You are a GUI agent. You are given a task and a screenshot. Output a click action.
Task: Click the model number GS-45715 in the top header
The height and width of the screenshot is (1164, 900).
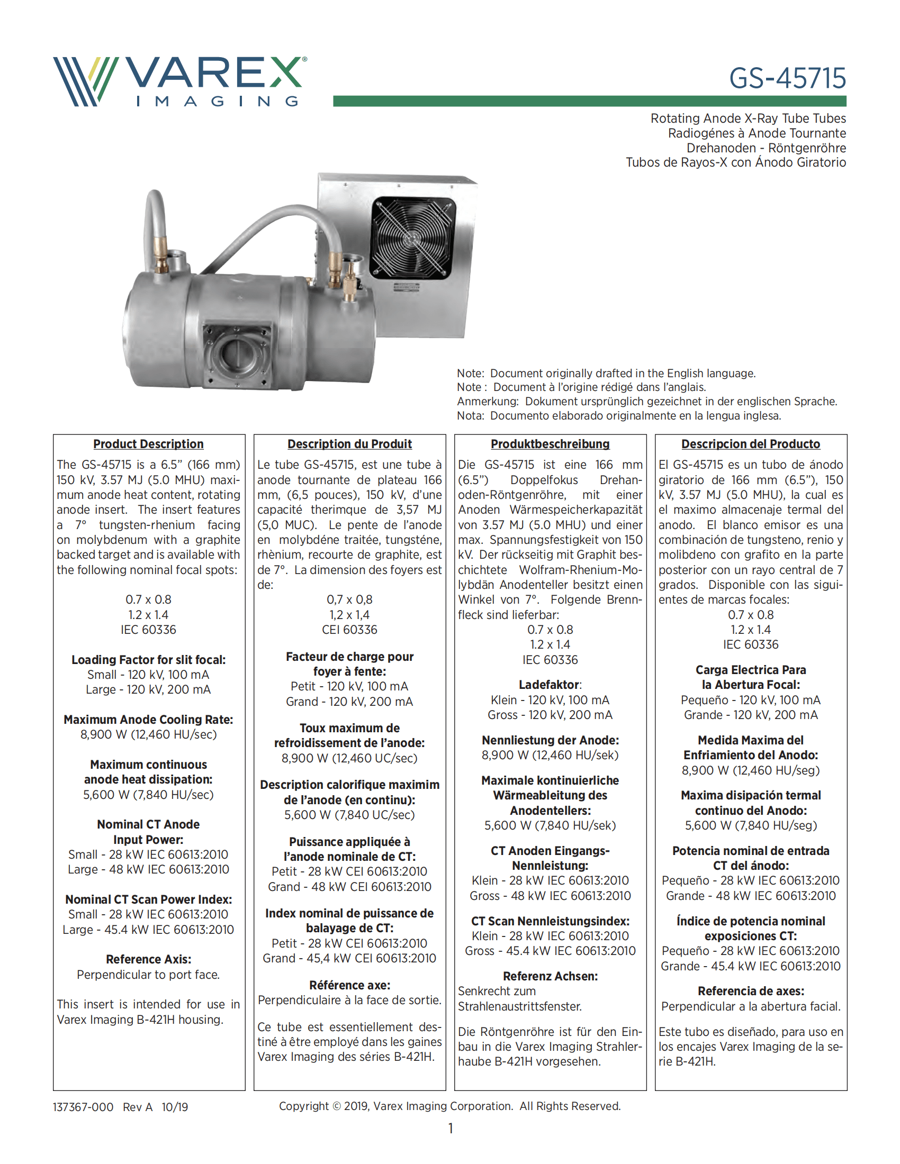[787, 78]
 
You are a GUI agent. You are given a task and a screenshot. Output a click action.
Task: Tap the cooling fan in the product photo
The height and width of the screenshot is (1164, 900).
[413, 238]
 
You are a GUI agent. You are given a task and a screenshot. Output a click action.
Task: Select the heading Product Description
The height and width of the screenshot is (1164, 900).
[148, 444]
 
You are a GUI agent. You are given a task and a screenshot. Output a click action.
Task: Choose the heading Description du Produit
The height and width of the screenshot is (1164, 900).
[349, 444]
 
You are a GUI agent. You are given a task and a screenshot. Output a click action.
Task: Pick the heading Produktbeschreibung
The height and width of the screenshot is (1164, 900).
[550, 444]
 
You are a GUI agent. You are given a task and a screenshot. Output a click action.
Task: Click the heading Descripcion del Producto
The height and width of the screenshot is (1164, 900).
[750, 444]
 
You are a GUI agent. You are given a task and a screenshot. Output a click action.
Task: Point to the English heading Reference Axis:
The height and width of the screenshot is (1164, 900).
[148, 959]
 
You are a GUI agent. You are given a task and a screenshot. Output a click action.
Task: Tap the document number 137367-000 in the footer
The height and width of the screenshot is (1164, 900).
[83, 1107]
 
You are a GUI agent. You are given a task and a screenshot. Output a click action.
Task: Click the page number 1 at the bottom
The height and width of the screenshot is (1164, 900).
[451, 1128]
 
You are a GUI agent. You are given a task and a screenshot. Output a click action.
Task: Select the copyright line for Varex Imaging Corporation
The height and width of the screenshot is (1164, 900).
[449, 1106]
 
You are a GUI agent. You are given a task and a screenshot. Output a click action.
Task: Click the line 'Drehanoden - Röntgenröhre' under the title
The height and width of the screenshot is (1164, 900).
[766, 148]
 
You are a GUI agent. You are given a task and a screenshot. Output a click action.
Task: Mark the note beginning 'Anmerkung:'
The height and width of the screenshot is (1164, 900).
[647, 402]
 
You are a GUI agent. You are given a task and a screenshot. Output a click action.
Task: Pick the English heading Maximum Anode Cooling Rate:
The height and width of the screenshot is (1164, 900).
[148, 720]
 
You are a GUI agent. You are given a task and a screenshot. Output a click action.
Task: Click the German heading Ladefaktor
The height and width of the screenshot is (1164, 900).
[550, 685]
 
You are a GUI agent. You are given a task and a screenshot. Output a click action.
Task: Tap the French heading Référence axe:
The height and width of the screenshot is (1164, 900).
[349, 985]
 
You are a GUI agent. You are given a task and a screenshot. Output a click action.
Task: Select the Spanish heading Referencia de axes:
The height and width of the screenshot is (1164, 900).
[750, 991]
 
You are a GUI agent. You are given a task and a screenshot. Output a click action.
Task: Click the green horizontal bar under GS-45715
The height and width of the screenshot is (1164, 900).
[589, 101]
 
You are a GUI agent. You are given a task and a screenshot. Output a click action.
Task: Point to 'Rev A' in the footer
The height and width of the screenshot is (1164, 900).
[138, 1107]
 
